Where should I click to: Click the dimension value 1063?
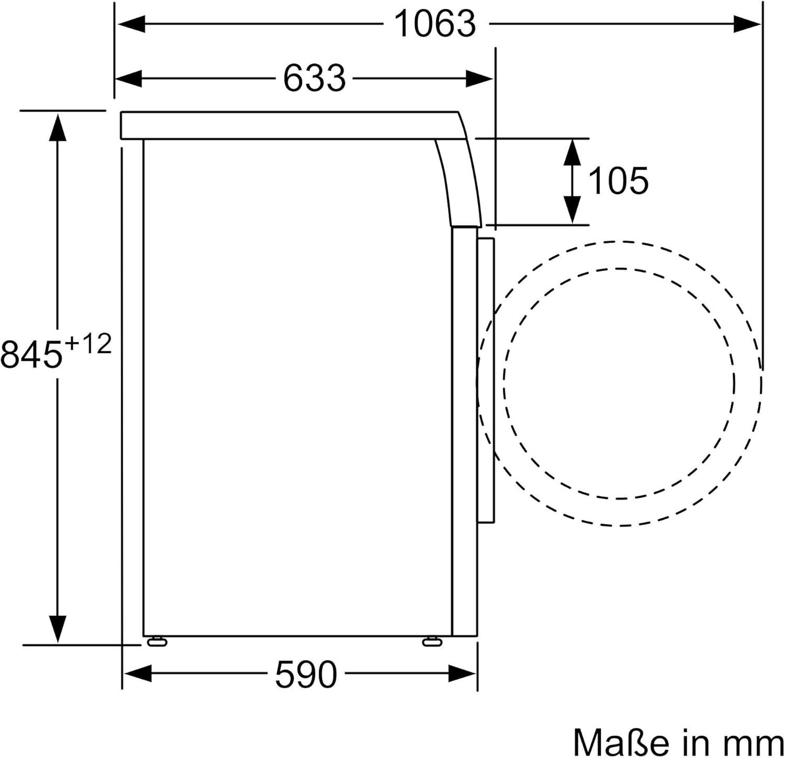(435, 24)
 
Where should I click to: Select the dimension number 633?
(314, 79)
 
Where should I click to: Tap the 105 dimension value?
(618, 181)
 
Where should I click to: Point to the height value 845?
(31, 354)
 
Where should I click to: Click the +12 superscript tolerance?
(88, 344)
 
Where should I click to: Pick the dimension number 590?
(306, 674)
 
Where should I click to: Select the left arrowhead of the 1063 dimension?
(131, 24)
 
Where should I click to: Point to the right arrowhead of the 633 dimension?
(478, 79)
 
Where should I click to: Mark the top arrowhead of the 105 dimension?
(573, 152)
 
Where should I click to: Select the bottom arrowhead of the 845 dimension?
(57, 628)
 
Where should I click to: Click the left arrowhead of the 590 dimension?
(137, 674)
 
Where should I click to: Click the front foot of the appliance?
(432, 641)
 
